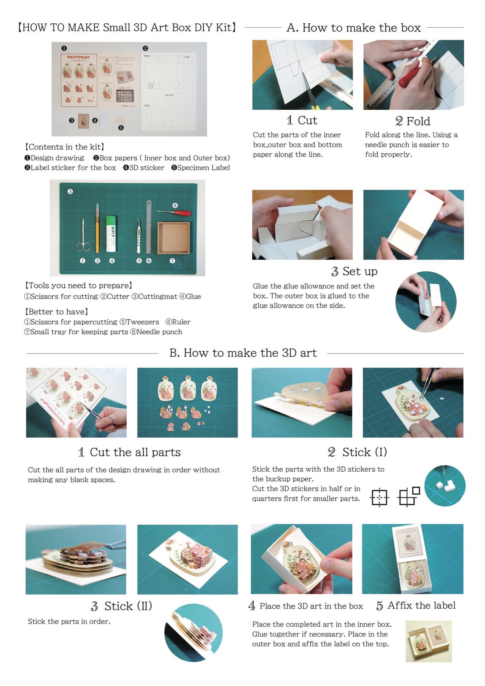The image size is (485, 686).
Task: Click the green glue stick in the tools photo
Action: pyautogui.click(x=111, y=233)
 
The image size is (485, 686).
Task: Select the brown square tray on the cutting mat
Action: pyautogui.click(x=174, y=238)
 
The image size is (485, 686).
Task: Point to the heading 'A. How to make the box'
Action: pyautogui.click(x=354, y=28)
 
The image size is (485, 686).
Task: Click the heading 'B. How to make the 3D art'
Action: pyautogui.click(x=243, y=353)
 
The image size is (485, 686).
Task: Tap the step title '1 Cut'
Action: pyautogui.click(x=302, y=120)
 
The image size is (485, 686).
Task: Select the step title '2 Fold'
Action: pyautogui.click(x=413, y=121)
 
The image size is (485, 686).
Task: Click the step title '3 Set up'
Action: pyautogui.click(x=354, y=271)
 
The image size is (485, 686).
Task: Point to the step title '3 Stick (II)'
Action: pyautogui.click(x=121, y=606)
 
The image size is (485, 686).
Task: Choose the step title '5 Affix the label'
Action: pyautogui.click(x=416, y=605)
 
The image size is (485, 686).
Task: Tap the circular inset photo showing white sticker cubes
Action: pyautogui.click(x=445, y=486)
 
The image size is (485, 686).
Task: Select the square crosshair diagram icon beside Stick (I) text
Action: pyautogui.click(x=379, y=497)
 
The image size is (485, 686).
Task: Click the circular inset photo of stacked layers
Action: pyautogui.click(x=194, y=632)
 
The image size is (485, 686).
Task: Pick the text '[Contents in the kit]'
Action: pyautogui.click(x=65, y=147)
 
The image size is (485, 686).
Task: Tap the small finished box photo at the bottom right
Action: pyautogui.click(x=428, y=641)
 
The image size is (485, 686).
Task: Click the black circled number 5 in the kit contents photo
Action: pyautogui.click(x=121, y=128)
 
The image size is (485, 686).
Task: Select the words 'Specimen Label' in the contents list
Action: pyautogui.click(x=203, y=168)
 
